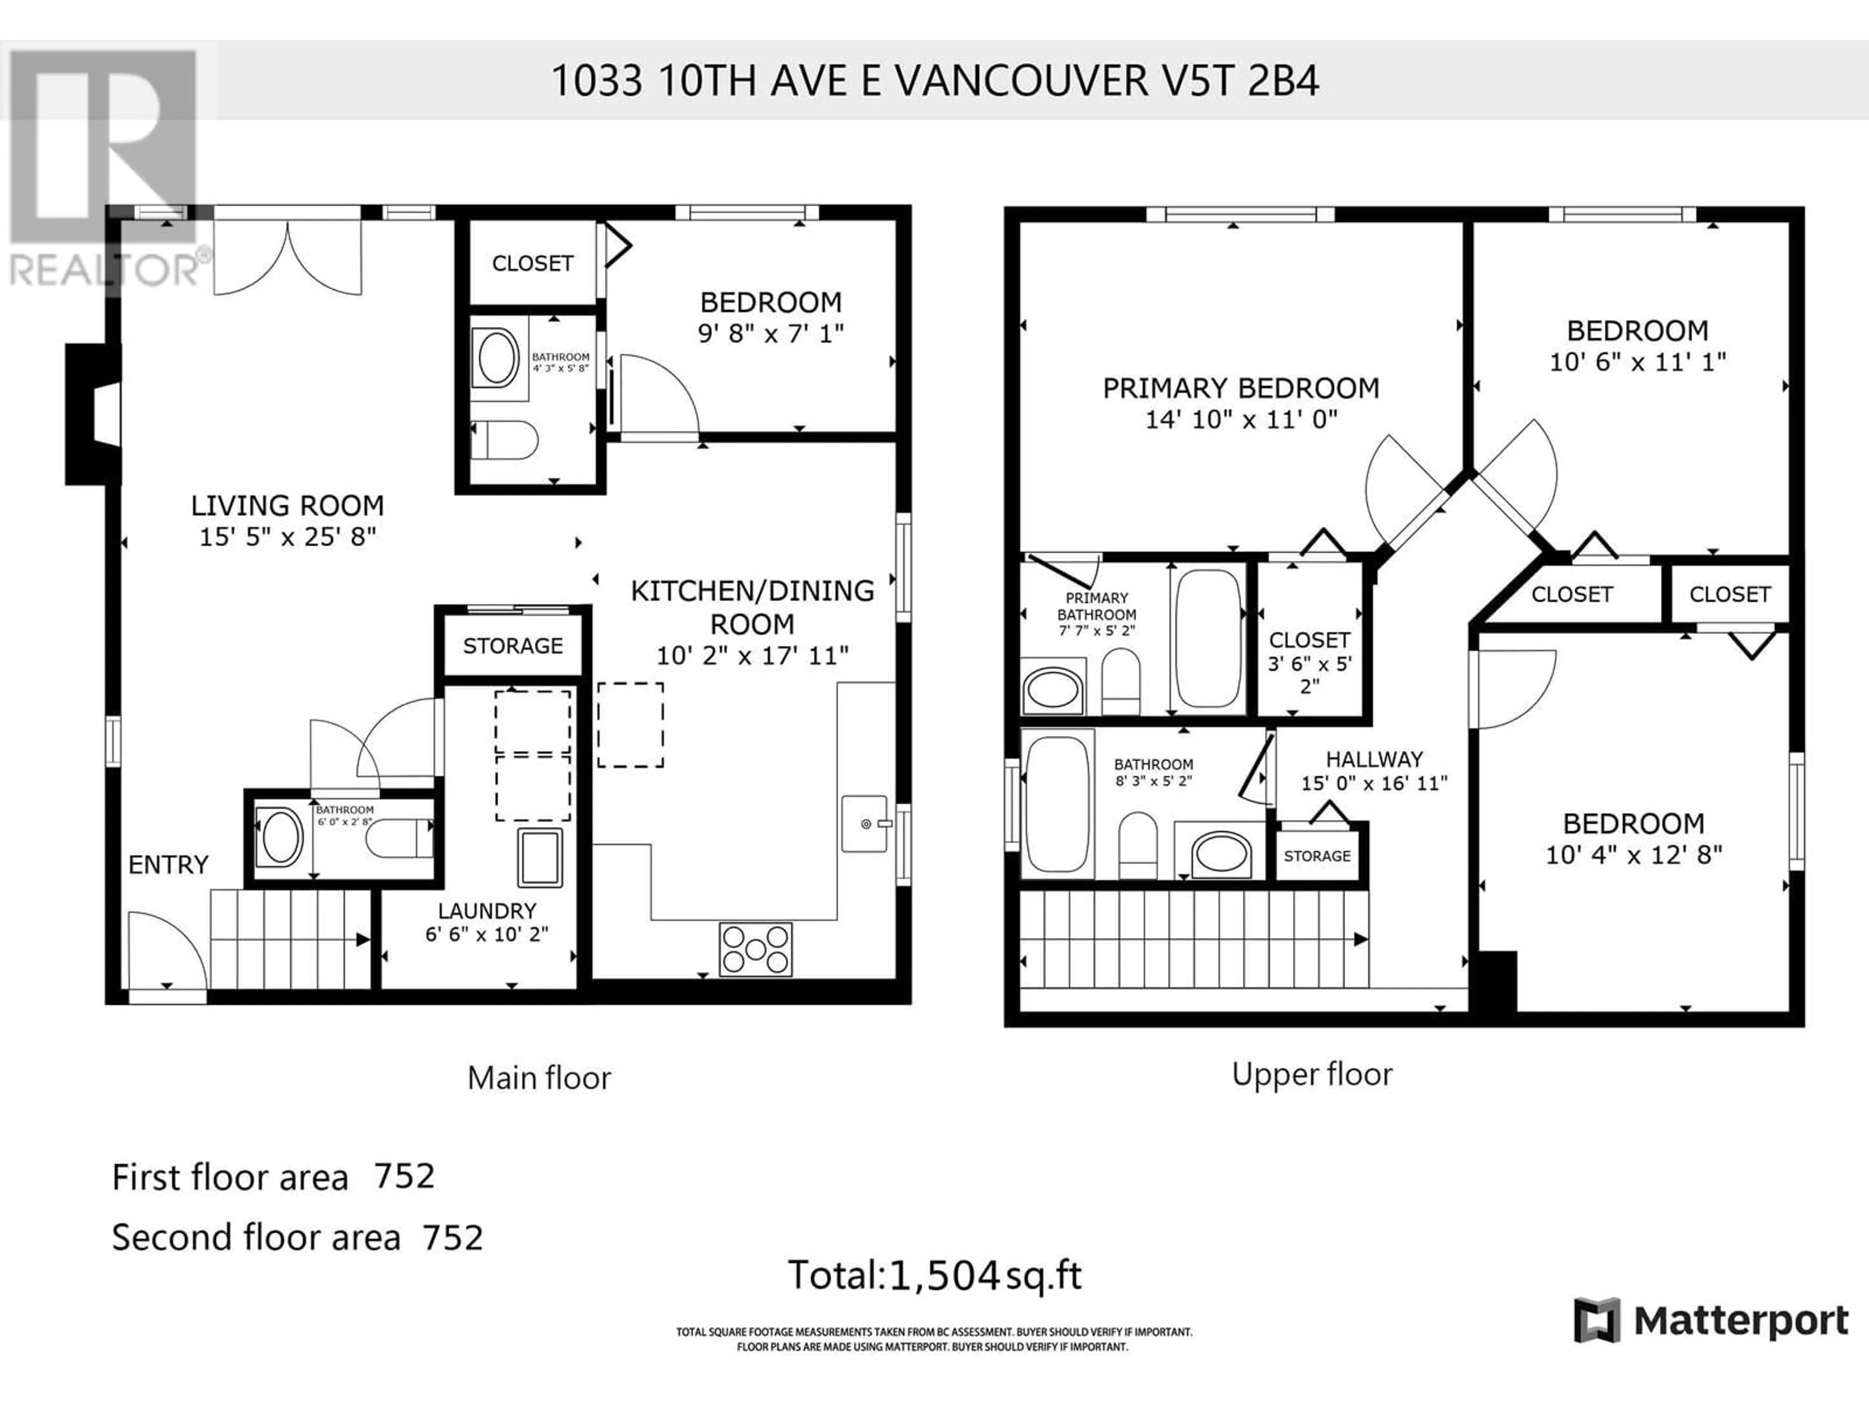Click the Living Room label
pyautogui.click(x=287, y=505)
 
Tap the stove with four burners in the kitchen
pyautogui.click(x=755, y=949)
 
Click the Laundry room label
pyautogui.click(x=487, y=911)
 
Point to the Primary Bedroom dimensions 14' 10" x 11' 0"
pyautogui.click(x=1241, y=419)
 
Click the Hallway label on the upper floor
pyautogui.click(x=1374, y=759)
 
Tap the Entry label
pyautogui.click(x=168, y=865)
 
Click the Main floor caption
pyautogui.click(x=539, y=1077)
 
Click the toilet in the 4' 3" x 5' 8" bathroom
pyautogui.click(x=505, y=440)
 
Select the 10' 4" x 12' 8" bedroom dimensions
pyautogui.click(x=1634, y=854)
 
